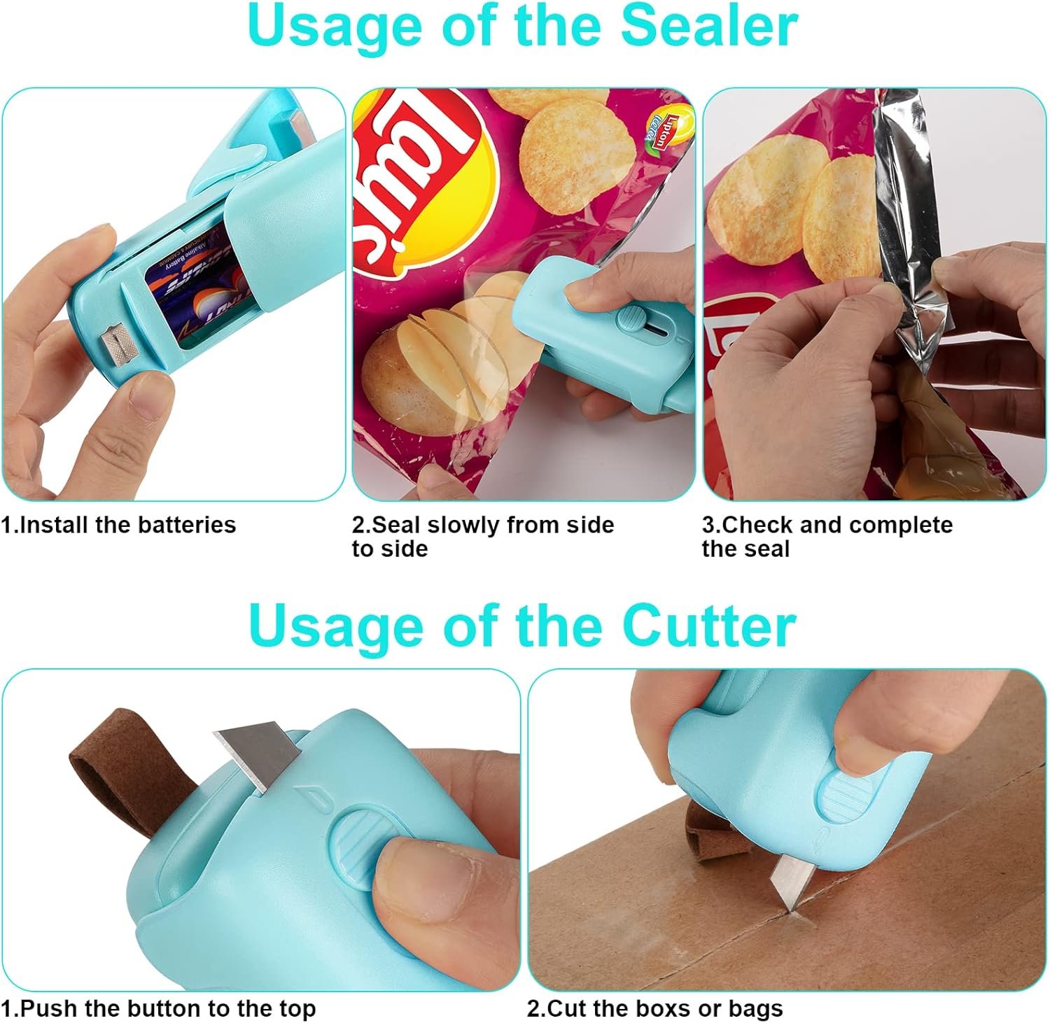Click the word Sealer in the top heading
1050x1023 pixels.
click(709, 26)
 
